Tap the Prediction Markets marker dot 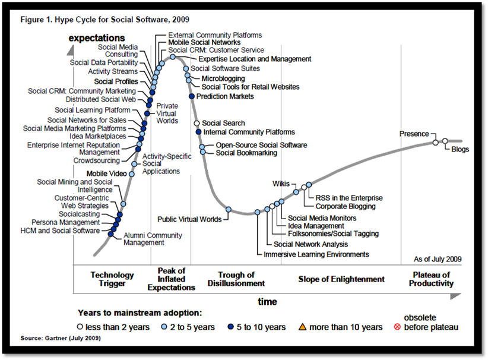[x=191, y=96]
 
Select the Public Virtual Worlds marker [x=229, y=209]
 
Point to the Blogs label [x=460, y=149]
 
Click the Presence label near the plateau [x=414, y=134]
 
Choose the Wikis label [x=281, y=184]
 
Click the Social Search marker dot [x=197, y=123]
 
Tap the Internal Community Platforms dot [x=198, y=131]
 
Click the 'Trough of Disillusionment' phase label [x=237, y=279]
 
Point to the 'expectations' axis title [x=97, y=39]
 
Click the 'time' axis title [x=267, y=302]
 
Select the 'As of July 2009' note [x=437, y=260]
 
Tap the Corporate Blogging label [x=346, y=206]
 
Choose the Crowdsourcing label [x=96, y=160]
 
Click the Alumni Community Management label [x=144, y=239]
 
